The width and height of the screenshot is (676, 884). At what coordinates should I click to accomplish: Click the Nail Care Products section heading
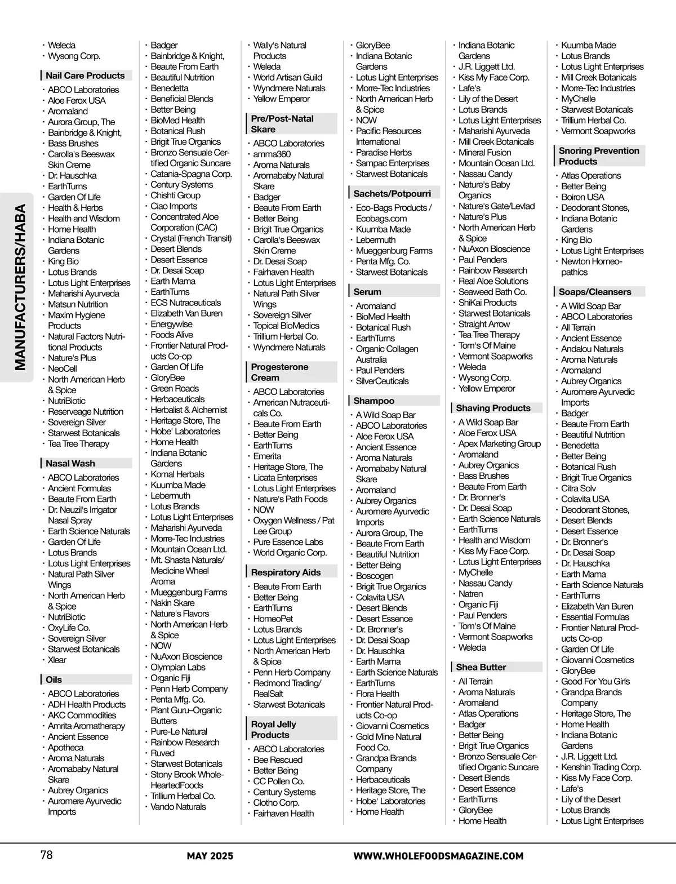pyautogui.click(x=85, y=75)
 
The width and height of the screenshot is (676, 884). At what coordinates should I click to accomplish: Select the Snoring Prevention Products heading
pyautogui.click(x=598, y=156)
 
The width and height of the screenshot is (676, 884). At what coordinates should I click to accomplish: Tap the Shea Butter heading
pyautogui.click(x=481, y=667)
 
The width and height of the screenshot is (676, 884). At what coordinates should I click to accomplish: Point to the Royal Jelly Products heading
pyautogui.click(x=273, y=730)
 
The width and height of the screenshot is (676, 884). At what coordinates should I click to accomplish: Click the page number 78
pyautogui.click(x=47, y=855)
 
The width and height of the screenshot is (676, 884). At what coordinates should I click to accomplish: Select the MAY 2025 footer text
pyautogui.click(x=210, y=856)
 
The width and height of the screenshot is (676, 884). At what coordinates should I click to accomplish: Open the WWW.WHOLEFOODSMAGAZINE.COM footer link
pyautogui.click(x=438, y=856)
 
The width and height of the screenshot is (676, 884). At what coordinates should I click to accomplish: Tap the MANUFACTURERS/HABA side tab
pyautogui.click(x=20, y=287)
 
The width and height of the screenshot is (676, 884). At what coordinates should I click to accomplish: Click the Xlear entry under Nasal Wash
pyautogui.click(x=57, y=660)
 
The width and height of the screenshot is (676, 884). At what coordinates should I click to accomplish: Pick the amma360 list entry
pyautogui.click(x=272, y=154)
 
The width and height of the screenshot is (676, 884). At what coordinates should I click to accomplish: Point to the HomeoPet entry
pyautogui.click(x=273, y=619)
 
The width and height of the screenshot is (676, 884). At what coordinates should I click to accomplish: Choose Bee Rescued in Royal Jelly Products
pyautogui.click(x=277, y=760)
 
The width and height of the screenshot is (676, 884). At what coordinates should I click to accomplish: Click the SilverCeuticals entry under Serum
pyautogui.click(x=382, y=381)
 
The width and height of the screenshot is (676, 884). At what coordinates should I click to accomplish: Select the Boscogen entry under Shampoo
pyautogui.click(x=375, y=576)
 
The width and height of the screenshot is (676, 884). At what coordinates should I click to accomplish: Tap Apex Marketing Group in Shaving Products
pyautogui.click(x=499, y=443)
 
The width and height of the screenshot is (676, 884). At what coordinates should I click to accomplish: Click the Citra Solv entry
pyautogui.click(x=578, y=488)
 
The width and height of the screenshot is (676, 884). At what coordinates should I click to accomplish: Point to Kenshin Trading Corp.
pyautogui.click(x=601, y=767)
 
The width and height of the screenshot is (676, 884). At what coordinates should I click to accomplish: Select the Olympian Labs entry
pyautogui.click(x=177, y=667)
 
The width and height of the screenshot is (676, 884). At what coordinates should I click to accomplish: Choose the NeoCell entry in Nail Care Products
pyautogui.click(x=62, y=368)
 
